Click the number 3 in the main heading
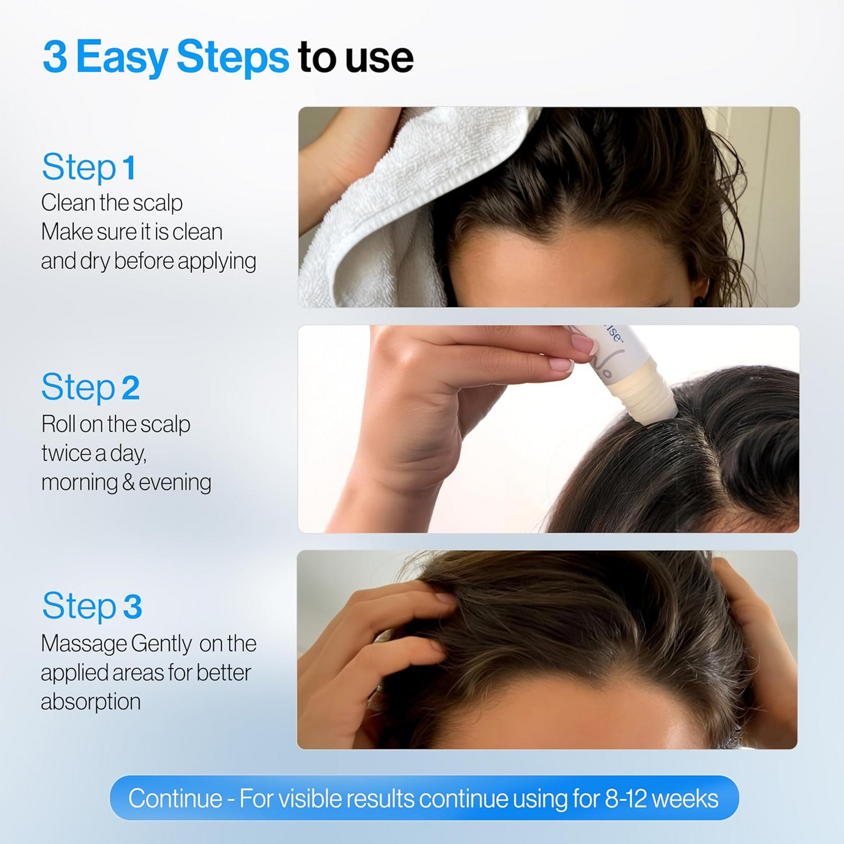pyautogui.click(x=55, y=57)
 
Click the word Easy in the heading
pyautogui.click(x=122, y=57)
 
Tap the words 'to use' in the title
pyautogui.click(x=355, y=57)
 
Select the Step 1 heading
pyautogui.click(x=89, y=168)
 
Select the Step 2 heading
pyautogui.click(x=91, y=387)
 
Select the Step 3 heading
pyautogui.click(x=92, y=606)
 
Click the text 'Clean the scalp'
pyautogui.click(x=112, y=203)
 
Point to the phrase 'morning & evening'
pyautogui.click(x=126, y=482)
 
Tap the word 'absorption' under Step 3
pyautogui.click(x=91, y=701)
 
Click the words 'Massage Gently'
pyautogui.click(x=116, y=644)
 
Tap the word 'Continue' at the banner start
pyautogui.click(x=175, y=798)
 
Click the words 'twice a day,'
pyautogui.click(x=93, y=453)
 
